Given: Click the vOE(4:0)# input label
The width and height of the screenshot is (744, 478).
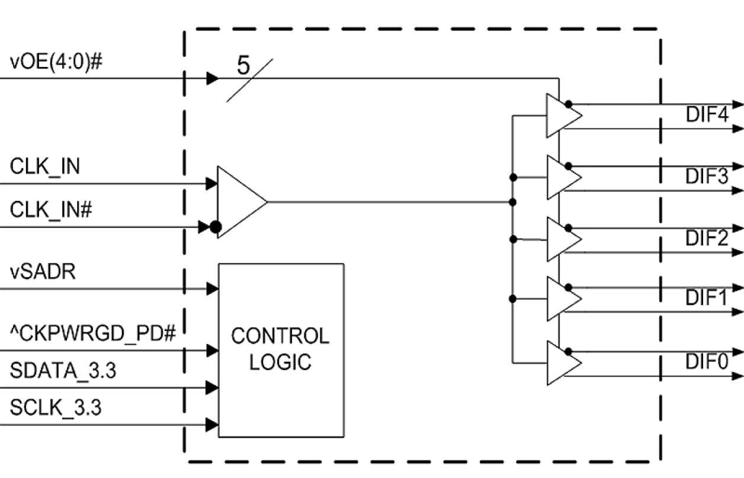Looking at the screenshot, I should point(56,62).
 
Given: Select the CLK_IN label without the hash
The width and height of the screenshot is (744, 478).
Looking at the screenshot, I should point(45,167).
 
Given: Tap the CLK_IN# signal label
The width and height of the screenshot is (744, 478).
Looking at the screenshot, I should point(51,210).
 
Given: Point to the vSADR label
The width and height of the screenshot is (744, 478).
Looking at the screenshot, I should point(43,273).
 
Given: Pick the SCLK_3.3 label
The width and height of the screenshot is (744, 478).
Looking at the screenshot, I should point(56,408).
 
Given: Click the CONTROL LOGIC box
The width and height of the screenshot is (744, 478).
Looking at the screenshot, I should point(281,350).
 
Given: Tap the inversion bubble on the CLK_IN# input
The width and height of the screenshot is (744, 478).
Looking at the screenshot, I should point(216,227).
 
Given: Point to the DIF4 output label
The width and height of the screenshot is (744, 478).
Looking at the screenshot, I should point(707,115).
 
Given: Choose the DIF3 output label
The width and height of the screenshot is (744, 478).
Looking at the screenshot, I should point(707,177).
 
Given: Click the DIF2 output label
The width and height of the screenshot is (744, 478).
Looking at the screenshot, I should point(707,239).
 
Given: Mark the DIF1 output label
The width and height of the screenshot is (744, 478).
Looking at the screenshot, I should point(707,298).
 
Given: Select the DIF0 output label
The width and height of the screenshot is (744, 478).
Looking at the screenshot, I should point(707,362).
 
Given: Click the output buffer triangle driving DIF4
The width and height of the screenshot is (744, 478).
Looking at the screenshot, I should point(560,116).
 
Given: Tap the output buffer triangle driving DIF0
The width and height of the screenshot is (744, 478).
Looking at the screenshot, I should point(560,362).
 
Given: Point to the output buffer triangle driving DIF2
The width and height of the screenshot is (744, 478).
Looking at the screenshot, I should point(560,239).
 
